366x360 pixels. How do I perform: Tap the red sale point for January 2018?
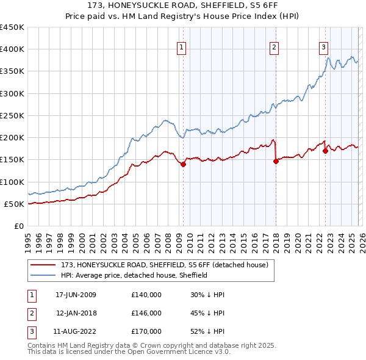pyautogui.click(x=276, y=162)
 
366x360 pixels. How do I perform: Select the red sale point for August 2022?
pyautogui.click(x=325, y=151)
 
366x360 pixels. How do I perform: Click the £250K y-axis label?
pyautogui.click(x=12, y=115)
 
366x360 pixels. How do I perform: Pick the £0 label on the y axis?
pyautogui.click(x=18, y=226)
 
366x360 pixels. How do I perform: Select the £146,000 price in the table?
pyautogui.click(x=146, y=313)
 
